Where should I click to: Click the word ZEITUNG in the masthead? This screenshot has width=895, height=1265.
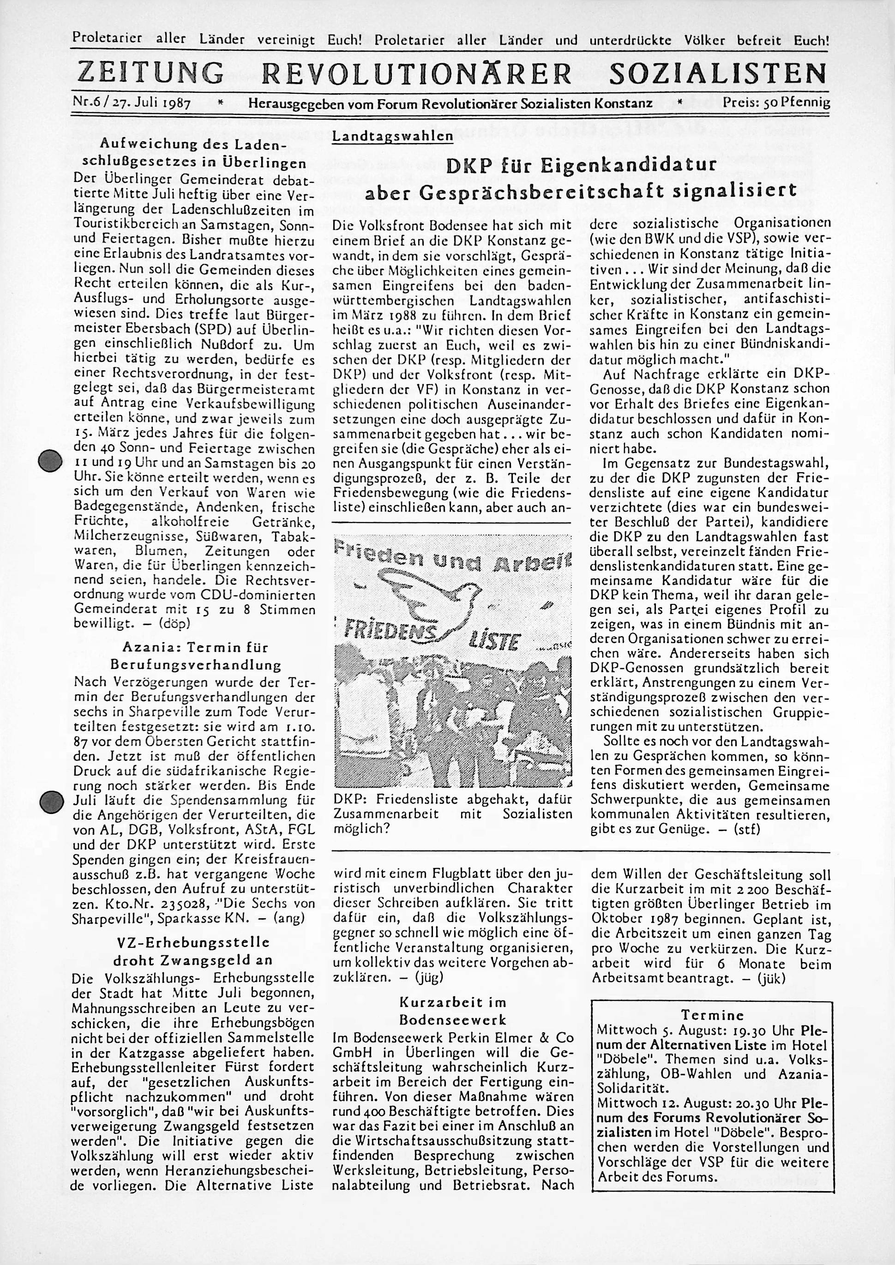coord(151,73)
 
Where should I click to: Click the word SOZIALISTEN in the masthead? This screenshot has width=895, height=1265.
coord(719,73)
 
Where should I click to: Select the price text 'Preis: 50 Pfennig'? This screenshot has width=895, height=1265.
coord(776,102)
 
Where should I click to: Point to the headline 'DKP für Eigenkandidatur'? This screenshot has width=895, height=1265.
coord(580,165)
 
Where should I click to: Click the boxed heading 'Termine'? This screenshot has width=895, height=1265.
coord(713,1015)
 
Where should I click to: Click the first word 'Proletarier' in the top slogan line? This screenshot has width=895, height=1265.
coord(108,40)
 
